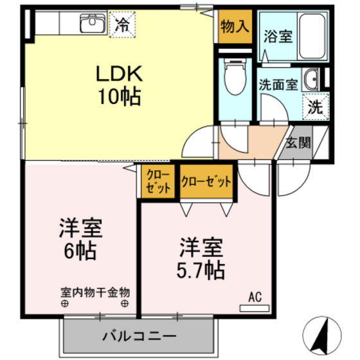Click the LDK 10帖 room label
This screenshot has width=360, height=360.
click(120, 85)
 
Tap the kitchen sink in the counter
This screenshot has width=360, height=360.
click(93, 25)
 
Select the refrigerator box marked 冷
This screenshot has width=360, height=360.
click(122, 26)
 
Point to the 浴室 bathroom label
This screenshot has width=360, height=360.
click(278, 36)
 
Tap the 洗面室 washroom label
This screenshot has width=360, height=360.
click(278, 84)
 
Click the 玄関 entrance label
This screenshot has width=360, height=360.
click(298, 142)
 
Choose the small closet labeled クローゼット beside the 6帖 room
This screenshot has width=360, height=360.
click(157, 182)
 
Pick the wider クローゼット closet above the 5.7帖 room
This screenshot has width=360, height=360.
click(206, 182)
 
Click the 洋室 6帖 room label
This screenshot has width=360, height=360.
click(82, 237)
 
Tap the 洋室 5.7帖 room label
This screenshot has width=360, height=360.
click(201, 258)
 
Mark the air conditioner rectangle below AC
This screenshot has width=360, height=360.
click(255, 308)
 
